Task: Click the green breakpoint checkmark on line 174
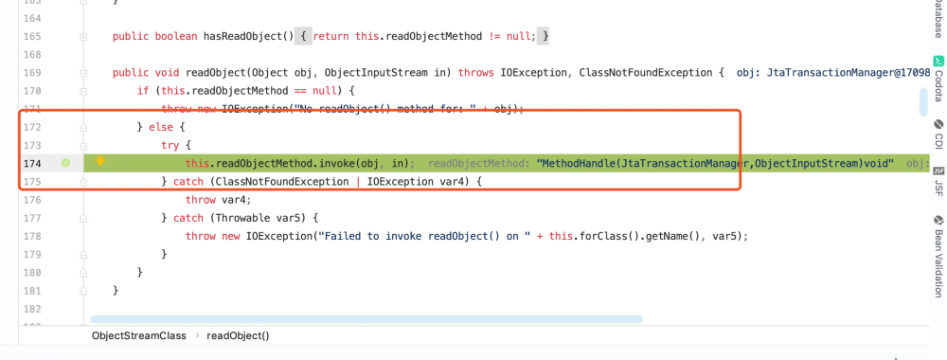tap(65, 163)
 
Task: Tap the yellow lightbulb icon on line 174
tap(99, 162)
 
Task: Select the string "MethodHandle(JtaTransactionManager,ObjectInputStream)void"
tap(715, 163)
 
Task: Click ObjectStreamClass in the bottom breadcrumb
tap(139, 335)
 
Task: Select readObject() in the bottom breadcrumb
tap(238, 335)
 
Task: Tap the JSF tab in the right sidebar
tap(938, 182)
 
